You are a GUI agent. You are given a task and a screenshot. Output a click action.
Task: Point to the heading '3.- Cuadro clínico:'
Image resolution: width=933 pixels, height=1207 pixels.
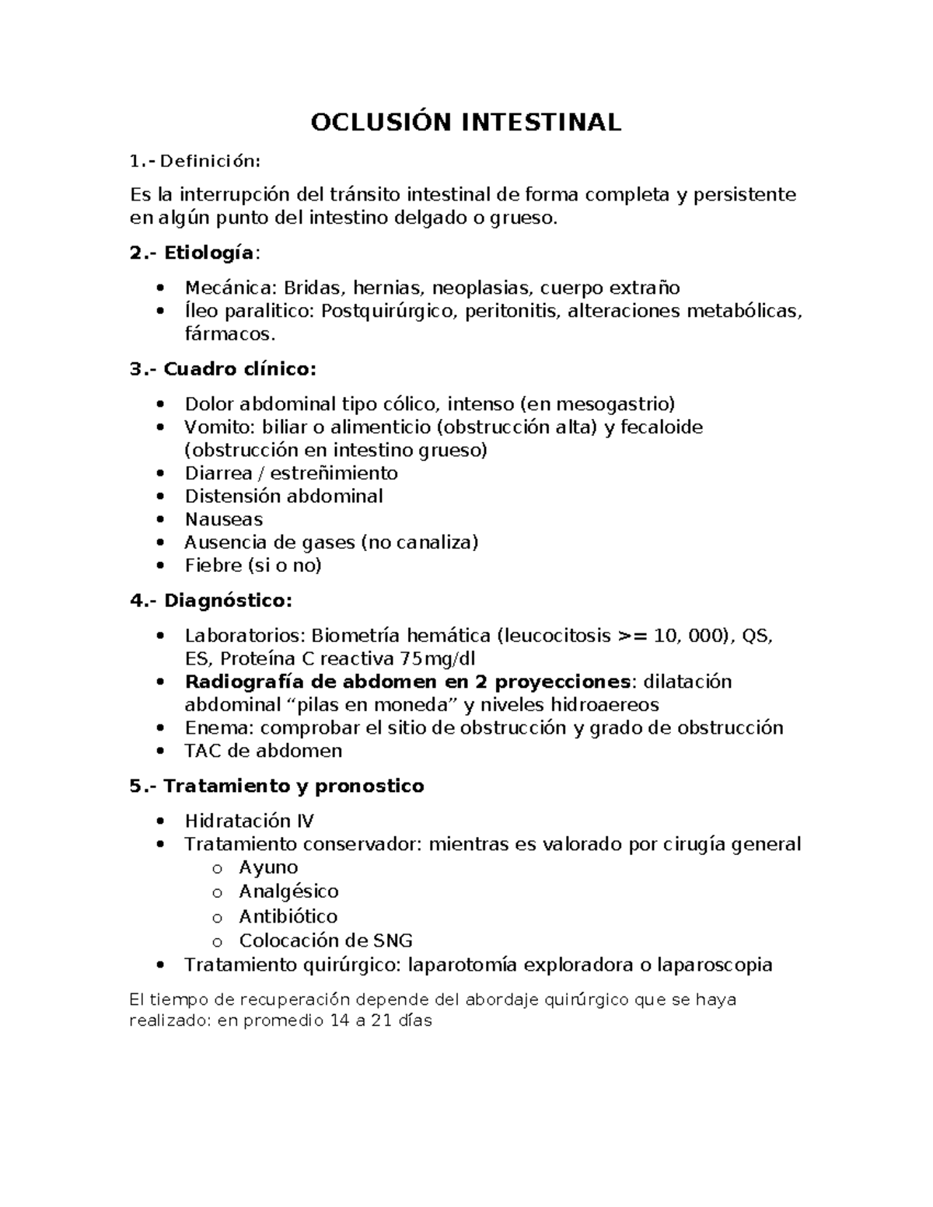(x=223, y=369)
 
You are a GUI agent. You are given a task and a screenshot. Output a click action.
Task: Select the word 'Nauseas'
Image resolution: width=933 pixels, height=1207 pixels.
(x=224, y=519)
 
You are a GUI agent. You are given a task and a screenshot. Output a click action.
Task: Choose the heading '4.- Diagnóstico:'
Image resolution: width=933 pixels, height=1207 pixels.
(x=211, y=601)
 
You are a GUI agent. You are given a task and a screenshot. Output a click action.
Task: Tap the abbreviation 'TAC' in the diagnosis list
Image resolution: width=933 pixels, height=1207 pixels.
(x=203, y=751)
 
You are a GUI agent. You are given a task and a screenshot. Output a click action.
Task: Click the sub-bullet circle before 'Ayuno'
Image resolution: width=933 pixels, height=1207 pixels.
(x=217, y=869)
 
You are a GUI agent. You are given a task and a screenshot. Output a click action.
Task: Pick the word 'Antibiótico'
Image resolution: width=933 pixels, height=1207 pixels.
(x=288, y=916)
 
